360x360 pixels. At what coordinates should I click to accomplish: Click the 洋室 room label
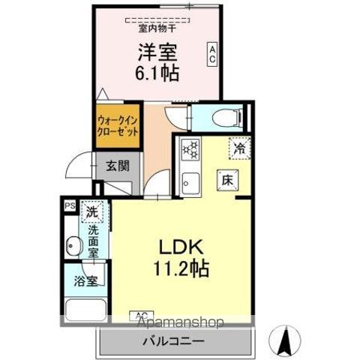click(x=158, y=53)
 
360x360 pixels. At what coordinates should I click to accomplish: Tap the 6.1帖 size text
click(x=158, y=73)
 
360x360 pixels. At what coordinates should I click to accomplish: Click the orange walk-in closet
click(x=118, y=123)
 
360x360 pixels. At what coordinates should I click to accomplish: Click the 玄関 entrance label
click(x=115, y=166)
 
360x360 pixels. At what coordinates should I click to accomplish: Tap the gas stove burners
click(x=190, y=149)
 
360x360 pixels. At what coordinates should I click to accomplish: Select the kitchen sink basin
click(x=190, y=181)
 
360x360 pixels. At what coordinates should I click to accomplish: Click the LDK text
click(x=181, y=247)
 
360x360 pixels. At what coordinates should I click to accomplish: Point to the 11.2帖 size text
click(x=181, y=268)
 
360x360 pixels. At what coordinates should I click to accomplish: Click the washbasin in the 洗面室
click(x=73, y=245)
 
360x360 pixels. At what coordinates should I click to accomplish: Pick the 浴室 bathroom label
click(x=85, y=282)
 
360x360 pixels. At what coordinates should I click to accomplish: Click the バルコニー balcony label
click(x=173, y=341)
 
